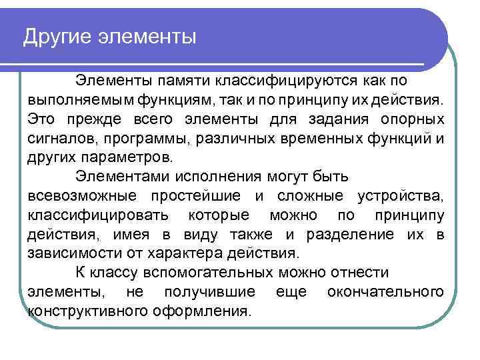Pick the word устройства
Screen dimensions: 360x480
[400, 197]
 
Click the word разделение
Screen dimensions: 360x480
[350, 235]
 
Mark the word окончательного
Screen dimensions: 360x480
[385, 293]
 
